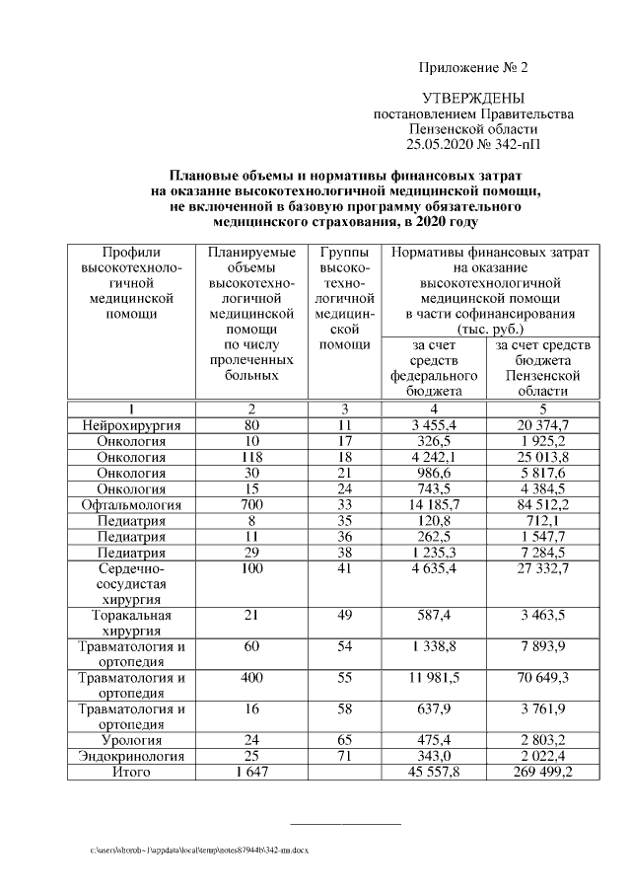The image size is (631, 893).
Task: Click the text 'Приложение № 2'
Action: click(473, 68)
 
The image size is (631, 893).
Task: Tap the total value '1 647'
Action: click(252, 772)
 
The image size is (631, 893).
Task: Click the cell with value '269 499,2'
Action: click(538, 772)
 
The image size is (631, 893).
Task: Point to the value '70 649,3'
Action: click(538, 678)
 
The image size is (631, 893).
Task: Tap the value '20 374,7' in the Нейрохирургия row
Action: click(538, 425)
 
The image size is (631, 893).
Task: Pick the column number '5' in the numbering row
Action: click(538, 409)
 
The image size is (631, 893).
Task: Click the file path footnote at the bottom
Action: click(198, 850)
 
